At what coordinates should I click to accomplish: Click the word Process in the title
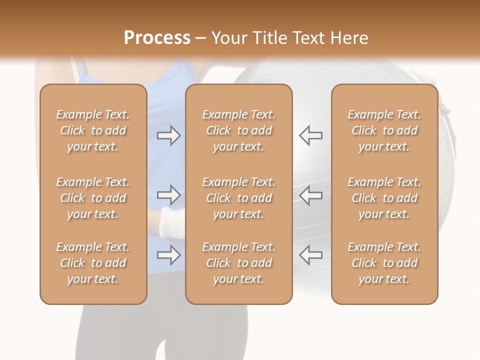(x=157, y=38)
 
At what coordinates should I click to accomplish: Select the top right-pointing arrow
(x=168, y=135)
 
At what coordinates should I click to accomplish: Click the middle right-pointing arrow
(x=168, y=195)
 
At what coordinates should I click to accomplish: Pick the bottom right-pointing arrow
(x=168, y=255)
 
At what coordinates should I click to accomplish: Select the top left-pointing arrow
(x=310, y=135)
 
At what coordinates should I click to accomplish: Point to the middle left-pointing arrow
(x=310, y=195)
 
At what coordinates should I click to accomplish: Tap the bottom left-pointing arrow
(x=310, y=255)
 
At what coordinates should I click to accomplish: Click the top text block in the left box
(x=93, y=130)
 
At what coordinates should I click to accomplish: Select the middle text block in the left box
(x=93, y=198)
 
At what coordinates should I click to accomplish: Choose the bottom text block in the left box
(x=93, y=263)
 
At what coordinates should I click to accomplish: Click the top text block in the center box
(x=239, y=130)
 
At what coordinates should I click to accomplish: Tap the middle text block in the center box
(x=239, y=198)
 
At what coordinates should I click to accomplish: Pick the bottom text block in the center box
(x=239, y=263)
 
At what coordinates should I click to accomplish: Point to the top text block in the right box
(x=384, y=130)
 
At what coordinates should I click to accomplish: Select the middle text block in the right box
(x=384, y=198)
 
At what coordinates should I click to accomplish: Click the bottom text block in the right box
(x=384, y=263)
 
